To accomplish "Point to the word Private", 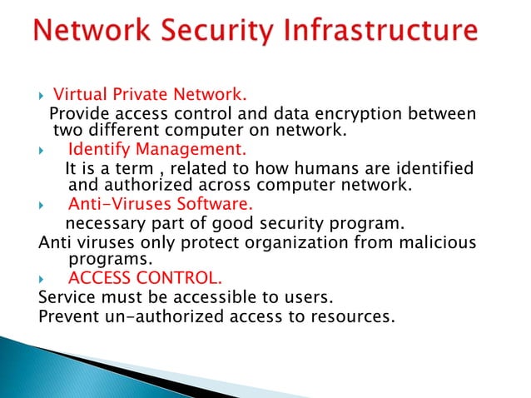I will (136, 93).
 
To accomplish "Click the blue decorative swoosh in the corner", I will (125, 366).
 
